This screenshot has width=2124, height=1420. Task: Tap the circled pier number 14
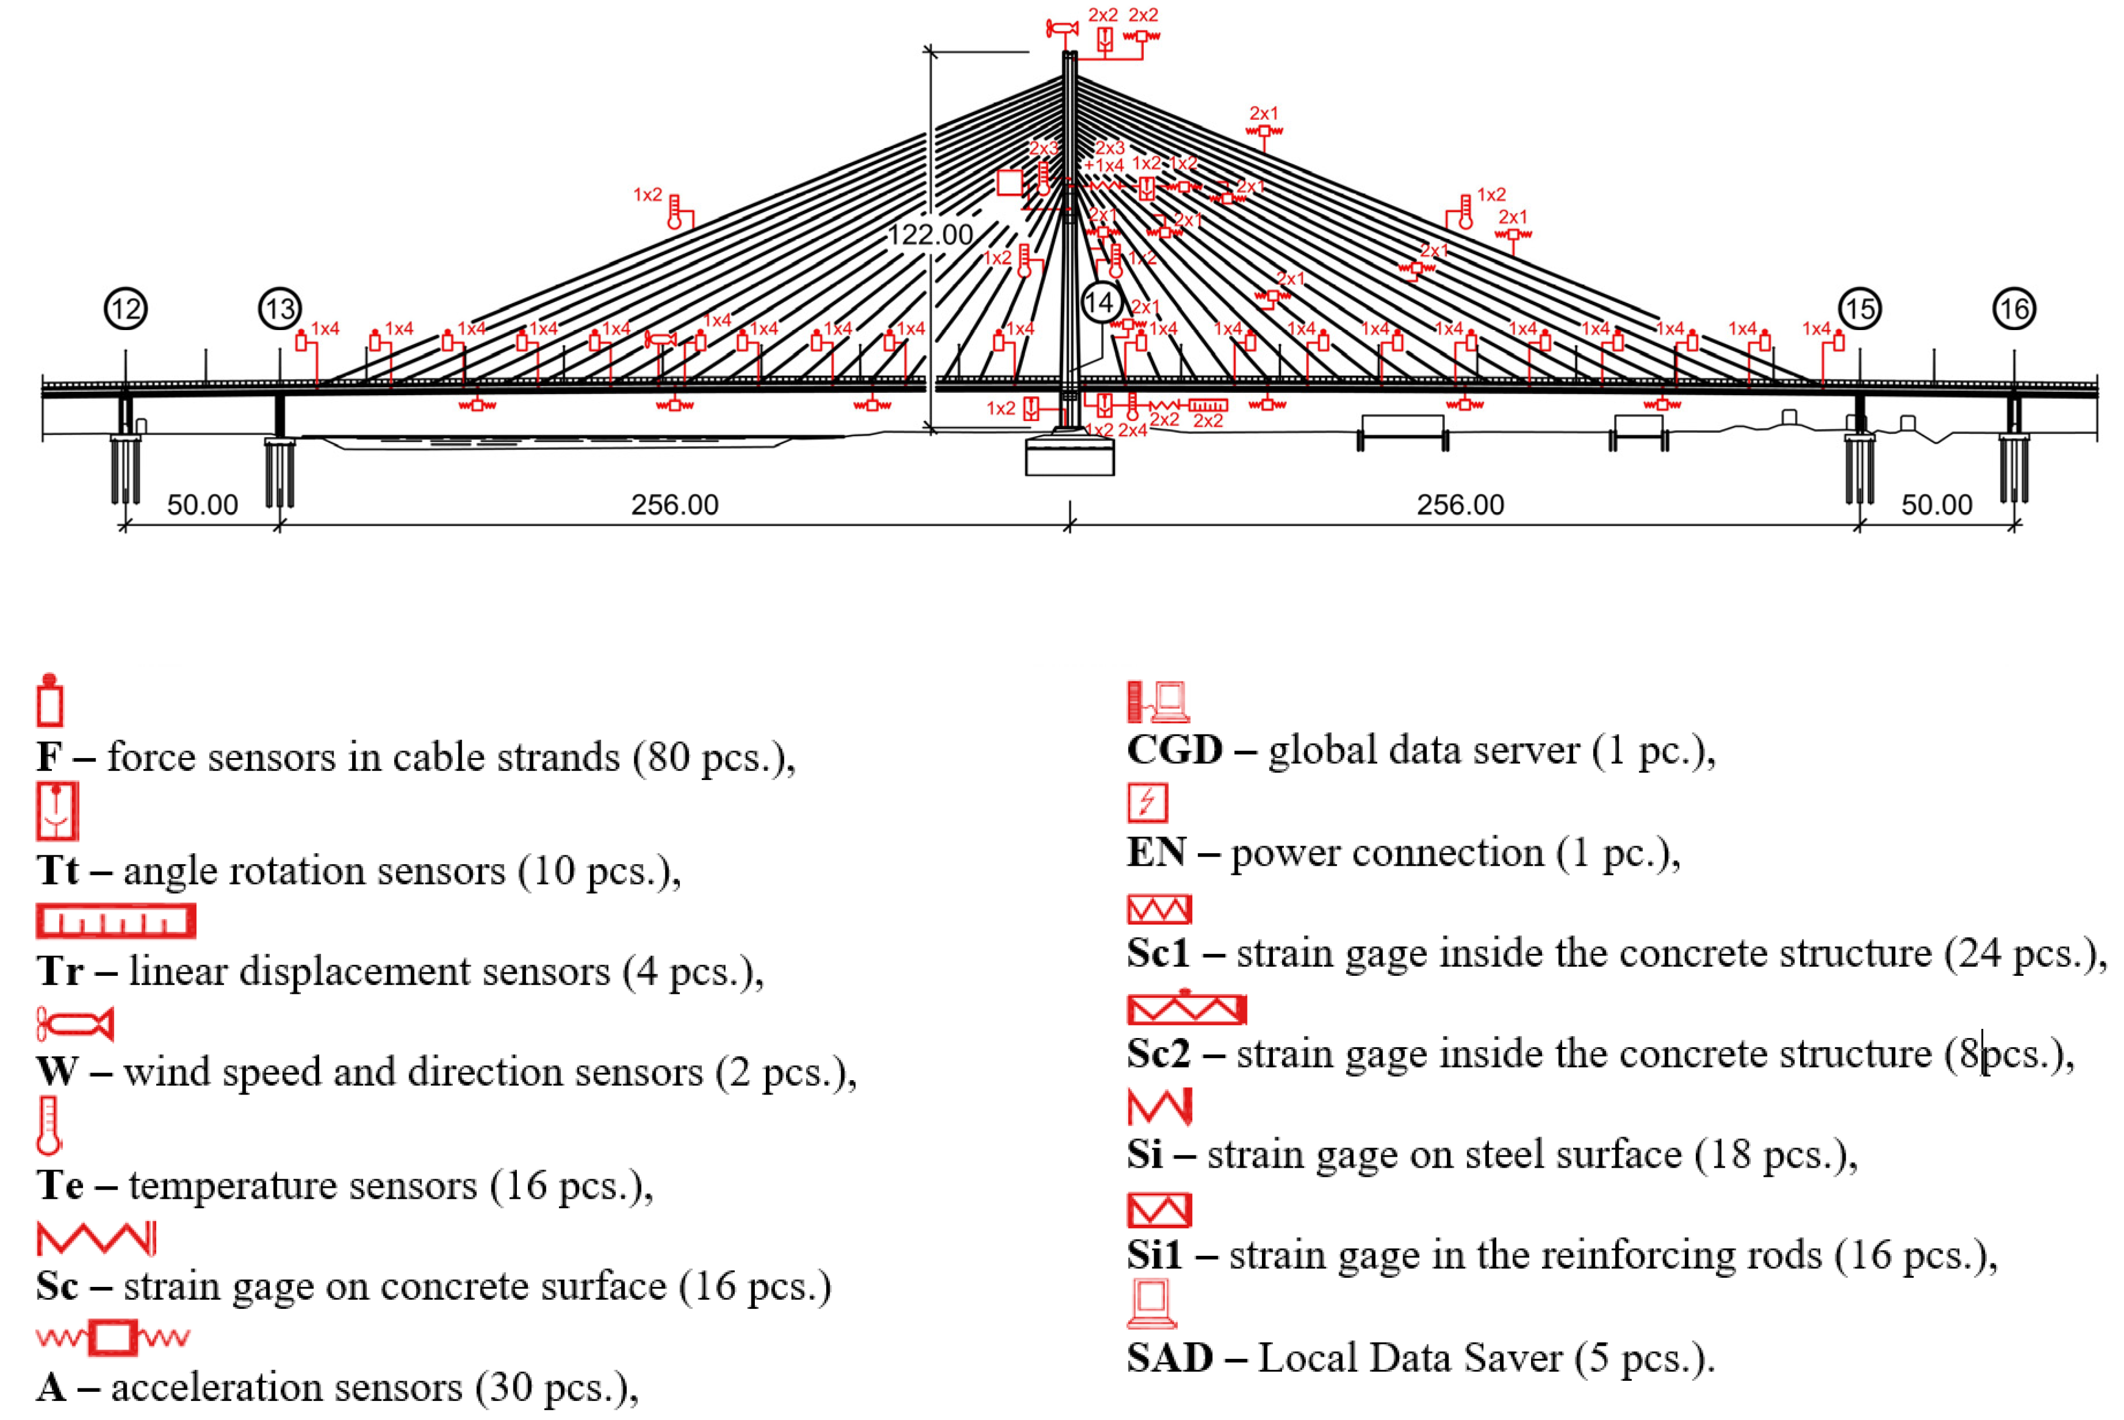click(1101, 302)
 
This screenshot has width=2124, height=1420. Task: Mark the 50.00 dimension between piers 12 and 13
click(202, 505)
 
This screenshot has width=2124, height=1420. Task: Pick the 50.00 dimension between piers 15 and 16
click(1937, 505)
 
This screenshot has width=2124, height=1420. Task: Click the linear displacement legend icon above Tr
click(115, 921)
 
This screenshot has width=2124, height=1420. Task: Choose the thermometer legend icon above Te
click(49, 1126)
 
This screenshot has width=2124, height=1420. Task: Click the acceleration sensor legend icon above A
click(113, 1336)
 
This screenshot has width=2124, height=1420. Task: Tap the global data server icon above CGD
click(1158, 702)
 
